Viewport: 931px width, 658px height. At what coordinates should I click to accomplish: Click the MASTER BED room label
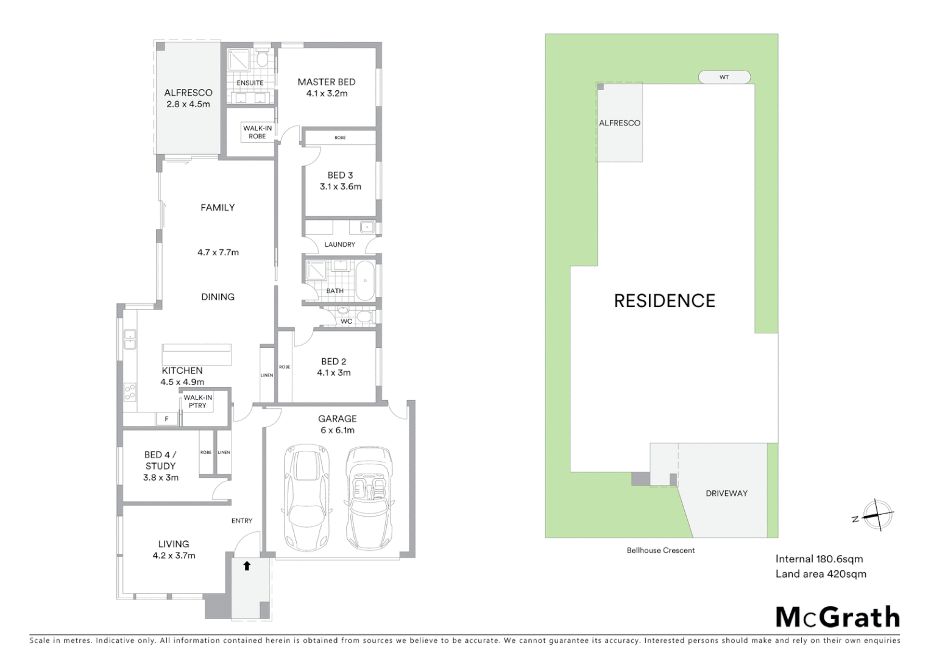tap(326, 82)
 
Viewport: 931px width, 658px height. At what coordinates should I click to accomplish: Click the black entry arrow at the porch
tap(247, 566)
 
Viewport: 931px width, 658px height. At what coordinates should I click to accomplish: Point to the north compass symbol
tap(876, 515)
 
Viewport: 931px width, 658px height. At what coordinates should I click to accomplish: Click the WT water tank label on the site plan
tap(724, 77)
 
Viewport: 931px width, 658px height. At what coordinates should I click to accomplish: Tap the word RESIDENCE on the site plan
tap(664, 300)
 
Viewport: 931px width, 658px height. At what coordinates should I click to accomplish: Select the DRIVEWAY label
tap(726, 493)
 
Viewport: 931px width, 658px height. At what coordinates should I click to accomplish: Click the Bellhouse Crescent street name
tap(660, 550)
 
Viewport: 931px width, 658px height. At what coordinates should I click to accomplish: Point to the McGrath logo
tap(837, 617)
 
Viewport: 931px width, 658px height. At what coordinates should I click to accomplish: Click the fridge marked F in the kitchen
tap(166, 419)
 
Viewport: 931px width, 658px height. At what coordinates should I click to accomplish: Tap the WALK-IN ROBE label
tap(257, 132)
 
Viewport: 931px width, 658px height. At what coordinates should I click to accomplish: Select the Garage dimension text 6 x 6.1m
tap(338, 430)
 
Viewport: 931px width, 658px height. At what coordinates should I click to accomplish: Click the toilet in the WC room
tap(364, 316)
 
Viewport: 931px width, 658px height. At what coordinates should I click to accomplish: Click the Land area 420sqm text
tap(820, 574)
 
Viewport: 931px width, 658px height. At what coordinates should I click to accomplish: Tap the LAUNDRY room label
tap(339, 244)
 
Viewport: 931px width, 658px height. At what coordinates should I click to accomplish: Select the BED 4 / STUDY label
tap(160, 460)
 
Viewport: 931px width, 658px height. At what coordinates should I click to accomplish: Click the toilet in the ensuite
tap(263, 59)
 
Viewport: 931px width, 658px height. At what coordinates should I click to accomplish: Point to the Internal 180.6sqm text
tap(819, 559)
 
